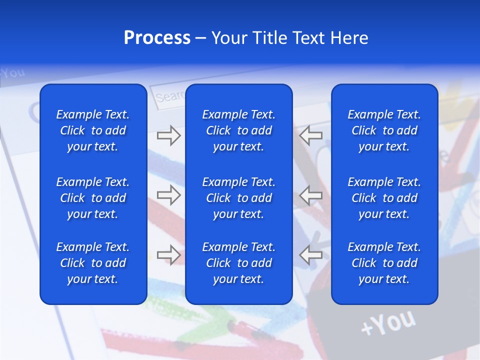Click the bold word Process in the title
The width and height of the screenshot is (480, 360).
pyautogui.click(x=157, y=38)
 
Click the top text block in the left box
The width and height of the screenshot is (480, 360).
pyautogui.click(x=93, y=130)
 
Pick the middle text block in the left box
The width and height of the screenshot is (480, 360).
pyautogui.click(x=93, y=198)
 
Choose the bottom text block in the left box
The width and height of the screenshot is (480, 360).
pyautogui.click(x=93, y=263)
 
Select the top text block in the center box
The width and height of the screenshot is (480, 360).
pyautogui.click(x=238, y=130)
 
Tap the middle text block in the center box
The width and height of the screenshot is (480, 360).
pyautogui.click(x=238, y=198)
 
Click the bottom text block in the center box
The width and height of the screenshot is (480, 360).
pyautogui.click(x=238, y=263)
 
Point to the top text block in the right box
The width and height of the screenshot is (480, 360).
pyautogui.click(x=384, y=130)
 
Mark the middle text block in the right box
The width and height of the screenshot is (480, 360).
pyautogui.click(x=384, y=198)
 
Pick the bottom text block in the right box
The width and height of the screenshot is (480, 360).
pyautogui.click(x=384, y=263)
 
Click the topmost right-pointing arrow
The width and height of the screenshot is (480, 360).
pyautogui.click(x=168, y=135)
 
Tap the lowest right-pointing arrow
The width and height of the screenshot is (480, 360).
pyautogui.click(x=168, y=254)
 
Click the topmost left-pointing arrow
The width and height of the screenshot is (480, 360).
pyautogui.click(x=311, y=135)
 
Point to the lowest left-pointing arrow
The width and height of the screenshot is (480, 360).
pyautogui.click(x=311, y=254)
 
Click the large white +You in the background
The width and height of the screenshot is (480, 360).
pyautogui.click(x=388, y=322)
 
